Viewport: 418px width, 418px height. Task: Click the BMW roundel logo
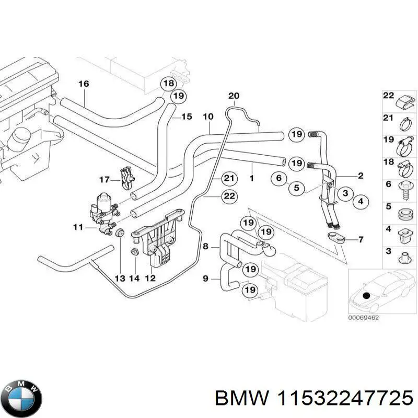21,399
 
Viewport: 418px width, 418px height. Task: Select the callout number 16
84,84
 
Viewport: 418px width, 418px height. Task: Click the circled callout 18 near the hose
168,84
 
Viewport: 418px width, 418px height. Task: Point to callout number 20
234,96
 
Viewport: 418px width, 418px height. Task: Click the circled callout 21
228,179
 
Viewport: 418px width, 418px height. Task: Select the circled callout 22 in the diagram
228,196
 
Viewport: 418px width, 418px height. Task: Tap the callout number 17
103,180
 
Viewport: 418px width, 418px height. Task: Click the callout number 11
78,227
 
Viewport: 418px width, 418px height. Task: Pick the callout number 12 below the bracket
150,278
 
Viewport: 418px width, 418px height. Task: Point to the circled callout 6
279,179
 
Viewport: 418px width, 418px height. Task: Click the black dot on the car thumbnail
365,296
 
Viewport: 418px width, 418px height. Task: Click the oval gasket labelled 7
338,239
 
